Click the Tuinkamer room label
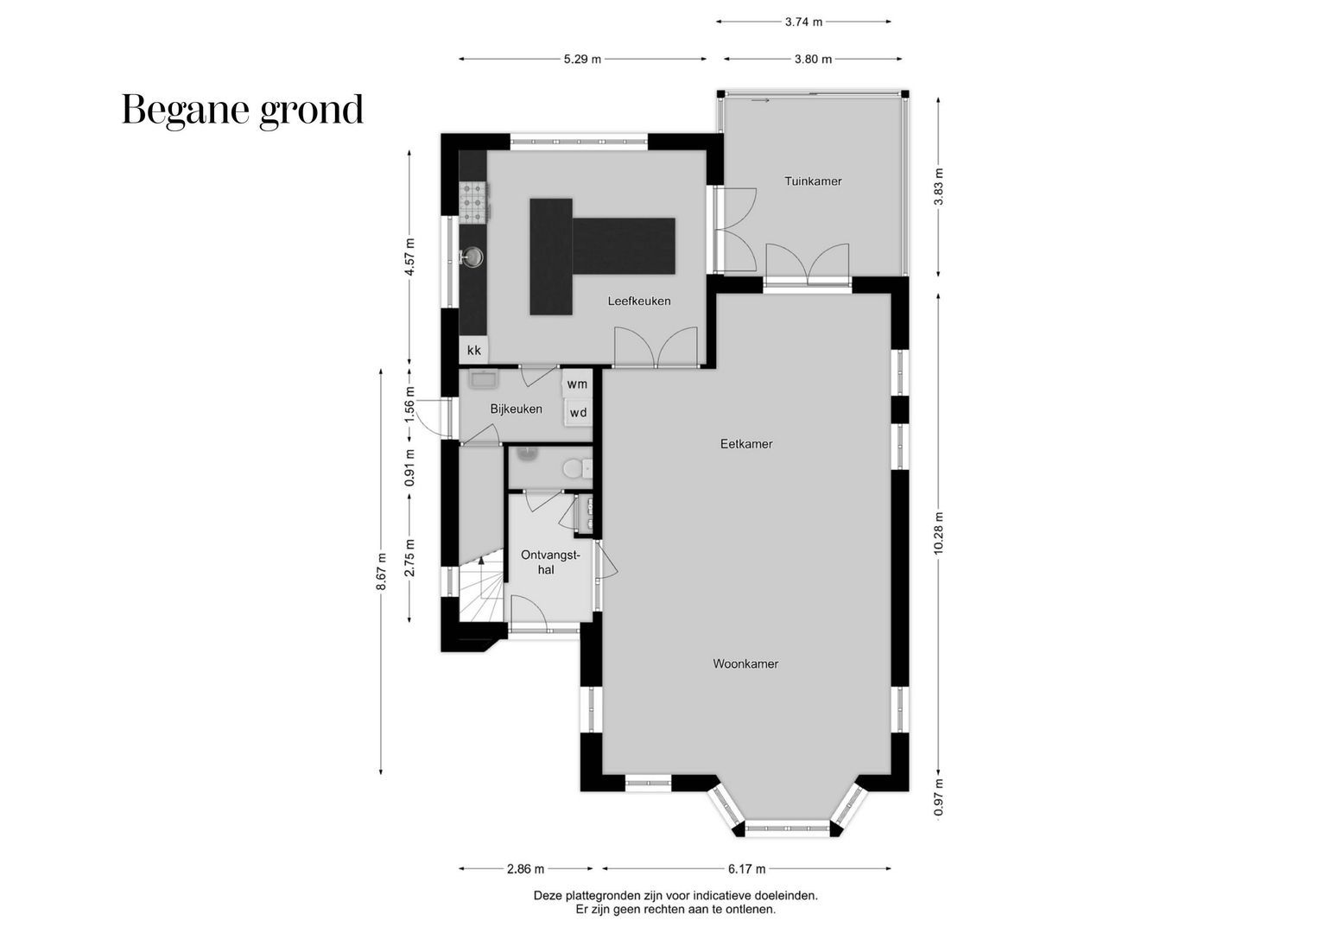click(x=813, y=181)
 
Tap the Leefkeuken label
click(x=639, y=301)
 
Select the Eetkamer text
click(x=746, y=444)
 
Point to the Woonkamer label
click(x=745, y=664)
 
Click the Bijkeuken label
click(x=516, y=409)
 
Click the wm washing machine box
click(x=577, y=384)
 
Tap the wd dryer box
click(x=578, y=413)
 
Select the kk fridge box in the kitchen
click(x=473, y=351)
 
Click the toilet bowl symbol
click(x=573, y=469)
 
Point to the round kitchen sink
click(x=473, y=257)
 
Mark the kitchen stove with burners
click(x=473, y=201)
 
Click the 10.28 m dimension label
click(x=939, y=536)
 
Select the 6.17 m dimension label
click(x=746, y=869)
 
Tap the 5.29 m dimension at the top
click(x=582, y=60)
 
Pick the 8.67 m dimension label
click(x=381, y=571)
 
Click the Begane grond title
click(x=243, y=110)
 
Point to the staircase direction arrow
click(x=480, y=562)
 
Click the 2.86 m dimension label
click(x=525, y=869)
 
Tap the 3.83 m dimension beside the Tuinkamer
click(x=939, y=187)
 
